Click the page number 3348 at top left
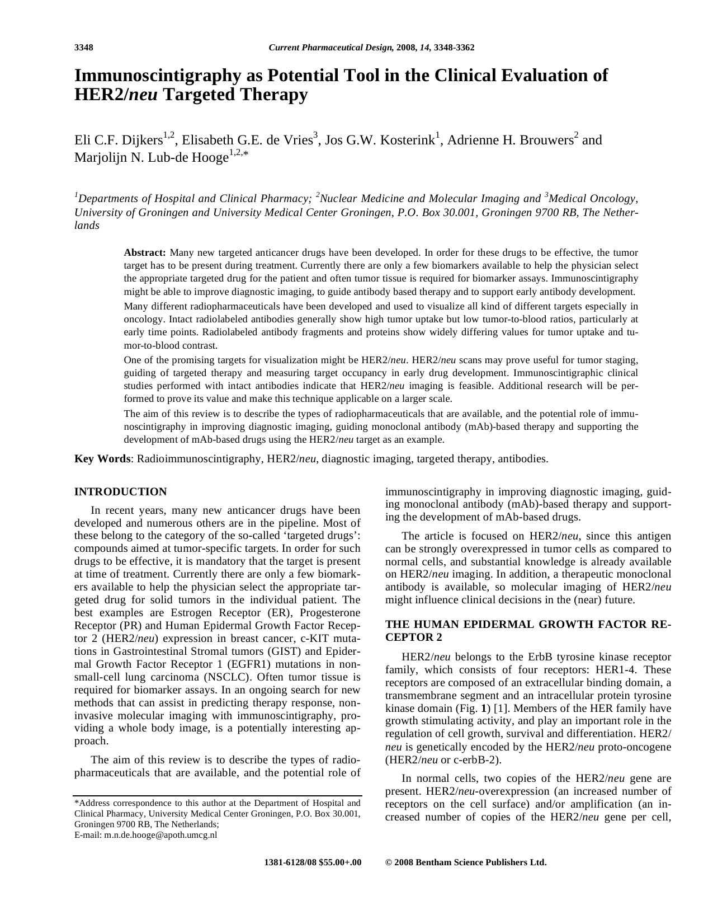[x=83, y=48]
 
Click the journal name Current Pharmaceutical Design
[x=330, y=48]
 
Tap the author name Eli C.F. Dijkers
[x=118, y=140]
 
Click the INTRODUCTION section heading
[x=120, y=492]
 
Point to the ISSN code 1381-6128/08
[x=290, y=862]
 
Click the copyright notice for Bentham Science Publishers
[x=465, y=862]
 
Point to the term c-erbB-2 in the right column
[x=479, y=760]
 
